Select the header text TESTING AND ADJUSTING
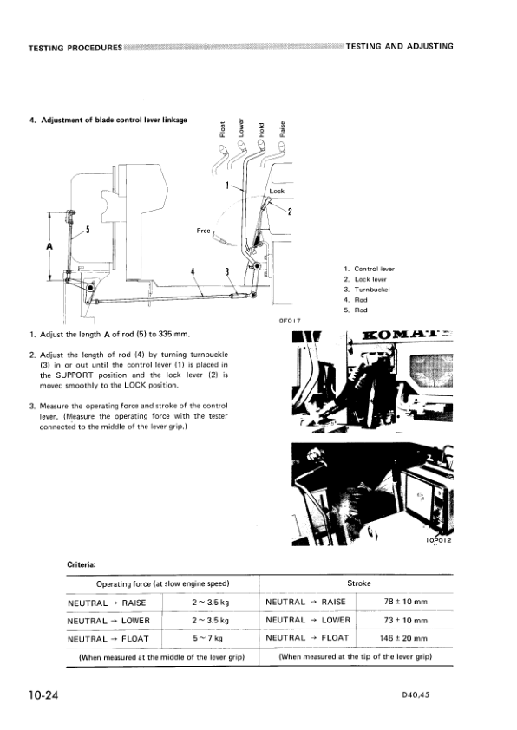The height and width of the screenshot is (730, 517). coord(399,46)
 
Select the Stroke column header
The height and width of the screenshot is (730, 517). coord(358,583)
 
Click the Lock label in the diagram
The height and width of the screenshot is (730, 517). coord(277,192)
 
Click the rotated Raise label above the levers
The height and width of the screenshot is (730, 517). coord(282,127)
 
